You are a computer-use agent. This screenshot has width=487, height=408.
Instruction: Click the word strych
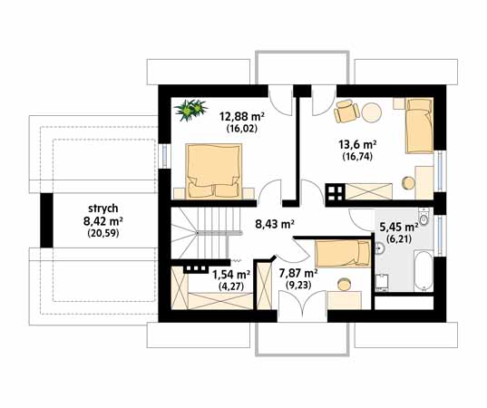pyautogui.click(x=102, y=209)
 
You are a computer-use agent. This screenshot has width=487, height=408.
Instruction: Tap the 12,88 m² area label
pyautogui.click(x=242, y=117)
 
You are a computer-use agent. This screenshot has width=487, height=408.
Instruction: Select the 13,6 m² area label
pyautogui.click(x=357, y=145)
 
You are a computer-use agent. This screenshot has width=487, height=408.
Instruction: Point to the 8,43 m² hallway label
pyautogui.click(x=275, y=224)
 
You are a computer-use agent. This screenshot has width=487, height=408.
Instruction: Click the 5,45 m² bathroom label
pyautogui.click(x=399, y=227)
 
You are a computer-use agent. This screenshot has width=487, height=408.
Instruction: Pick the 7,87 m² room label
pyautogui.click(x=298, y=273)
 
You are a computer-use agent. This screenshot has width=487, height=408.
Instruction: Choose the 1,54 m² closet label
pyautogui.click(x=231, y=274)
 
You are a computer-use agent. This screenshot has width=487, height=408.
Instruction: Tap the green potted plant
pyautogui.click(x=190, y=110)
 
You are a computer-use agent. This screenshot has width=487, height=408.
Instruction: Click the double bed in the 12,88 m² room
pyautogui.click(x=214, y=170)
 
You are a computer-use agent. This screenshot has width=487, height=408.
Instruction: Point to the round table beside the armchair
pyautogui.click(x=372, y=112)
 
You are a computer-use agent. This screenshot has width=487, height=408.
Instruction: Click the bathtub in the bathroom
pyautogui.click(x=424, y=271)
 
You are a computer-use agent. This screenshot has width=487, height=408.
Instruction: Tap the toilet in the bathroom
pyautogui.click(x=424, y=217)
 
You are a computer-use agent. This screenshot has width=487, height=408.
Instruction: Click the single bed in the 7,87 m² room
pyautogui.click(x=343, y=253)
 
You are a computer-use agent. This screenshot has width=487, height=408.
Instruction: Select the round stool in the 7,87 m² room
pyautogui.click(x=344, y=284)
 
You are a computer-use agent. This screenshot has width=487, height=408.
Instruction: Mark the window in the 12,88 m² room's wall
pyautogui.click(x=165, y=156)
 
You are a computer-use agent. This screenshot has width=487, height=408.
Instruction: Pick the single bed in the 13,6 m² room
pyautogui.click(x=419, y=125)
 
